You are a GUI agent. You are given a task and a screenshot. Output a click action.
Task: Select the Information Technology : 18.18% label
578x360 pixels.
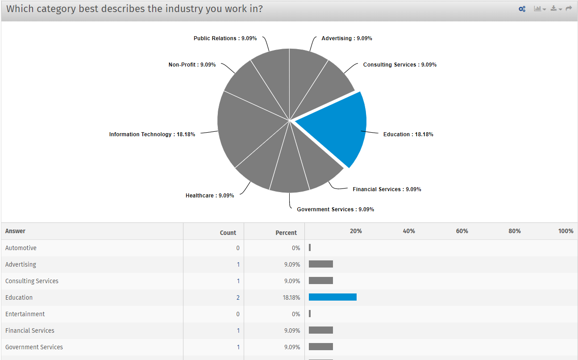coord(152,134)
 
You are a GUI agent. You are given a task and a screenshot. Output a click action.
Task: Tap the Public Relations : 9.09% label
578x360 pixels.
coord(225,38)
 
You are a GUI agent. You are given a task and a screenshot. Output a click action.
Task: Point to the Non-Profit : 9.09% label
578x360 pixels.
coord(192,65)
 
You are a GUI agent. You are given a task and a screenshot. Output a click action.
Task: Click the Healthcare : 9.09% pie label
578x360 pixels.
coord(210,196)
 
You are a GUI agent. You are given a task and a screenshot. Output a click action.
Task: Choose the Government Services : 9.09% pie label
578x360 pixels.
coord(335,209)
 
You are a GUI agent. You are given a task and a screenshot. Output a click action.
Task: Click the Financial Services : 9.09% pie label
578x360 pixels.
coord(387,189)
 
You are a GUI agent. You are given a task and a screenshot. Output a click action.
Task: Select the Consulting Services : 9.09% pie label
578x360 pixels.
coord(399,65)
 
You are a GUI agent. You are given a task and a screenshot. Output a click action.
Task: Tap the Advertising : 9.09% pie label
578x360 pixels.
coord(347,38)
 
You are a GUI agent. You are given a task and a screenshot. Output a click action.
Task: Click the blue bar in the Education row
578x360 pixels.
coord(333,297)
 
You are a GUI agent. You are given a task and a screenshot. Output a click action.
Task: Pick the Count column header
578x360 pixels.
coord(228,233)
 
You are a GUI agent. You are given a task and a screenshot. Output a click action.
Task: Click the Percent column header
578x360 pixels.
coord(286,233)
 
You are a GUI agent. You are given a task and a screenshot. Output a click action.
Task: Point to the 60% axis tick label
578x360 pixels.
coord(462,231)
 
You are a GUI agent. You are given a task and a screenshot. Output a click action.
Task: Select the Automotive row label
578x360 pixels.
coord(21,248)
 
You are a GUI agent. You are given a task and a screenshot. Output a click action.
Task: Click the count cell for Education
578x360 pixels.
coord(238,297)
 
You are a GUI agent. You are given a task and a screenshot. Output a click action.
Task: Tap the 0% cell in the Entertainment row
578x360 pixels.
coord(296,314)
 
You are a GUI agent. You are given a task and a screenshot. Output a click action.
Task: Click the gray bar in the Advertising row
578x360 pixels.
coord(321,264)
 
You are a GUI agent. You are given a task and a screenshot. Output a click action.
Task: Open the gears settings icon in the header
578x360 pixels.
coord(522,9)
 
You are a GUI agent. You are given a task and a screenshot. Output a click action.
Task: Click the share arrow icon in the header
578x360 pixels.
coord(569,8)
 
